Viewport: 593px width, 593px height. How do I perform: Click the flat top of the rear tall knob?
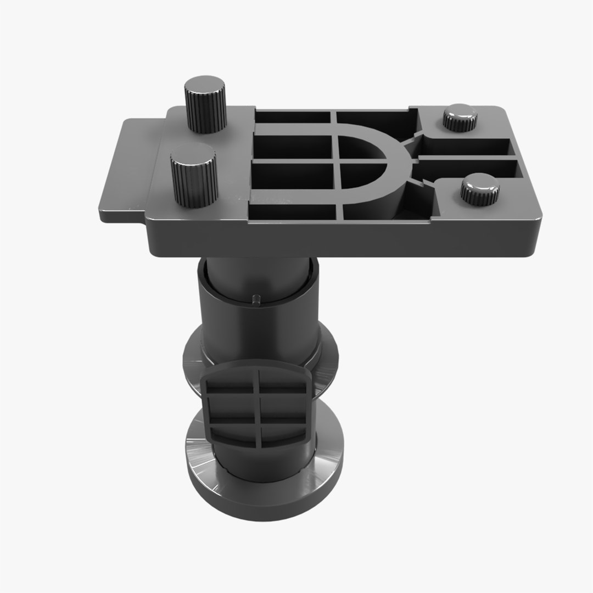pos(204,86)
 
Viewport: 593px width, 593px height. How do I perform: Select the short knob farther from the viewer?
pos(460,118)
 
